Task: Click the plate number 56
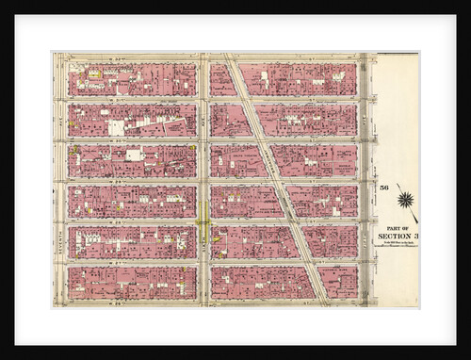click(x=384, y=189)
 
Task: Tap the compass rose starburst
click(x=405, y=199)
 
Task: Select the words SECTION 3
click(x=395, y=236)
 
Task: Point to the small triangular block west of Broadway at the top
click(x=222, y=80)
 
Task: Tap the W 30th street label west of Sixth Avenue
click(x=132, y=140)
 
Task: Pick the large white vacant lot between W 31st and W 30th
click(x=116, y=127)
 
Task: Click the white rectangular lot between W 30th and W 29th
click(x=134, y=155)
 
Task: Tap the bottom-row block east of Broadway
click(x=337, y=282)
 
